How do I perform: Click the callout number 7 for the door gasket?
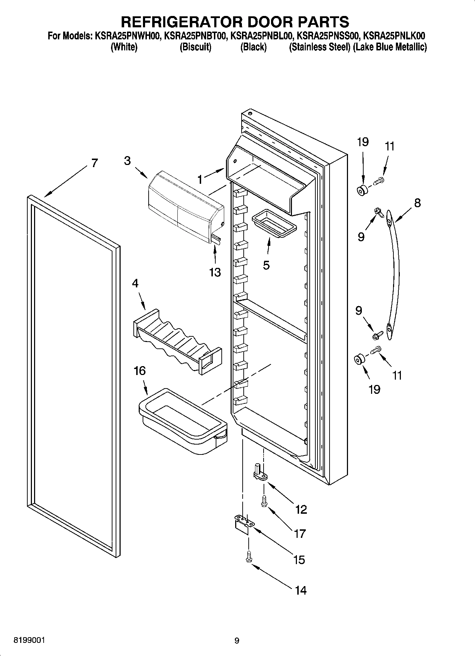[x=94, y=163]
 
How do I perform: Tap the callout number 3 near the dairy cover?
[x=127, y=161]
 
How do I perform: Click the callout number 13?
[x=215, y=272]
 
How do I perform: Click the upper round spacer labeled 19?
[x=362, y=190]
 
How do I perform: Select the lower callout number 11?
[x=397, y=375]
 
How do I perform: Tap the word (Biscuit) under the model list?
[x=195, y=47]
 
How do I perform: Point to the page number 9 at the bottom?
[x=237, y=641]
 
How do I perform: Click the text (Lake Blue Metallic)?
[x=390, y=47]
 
